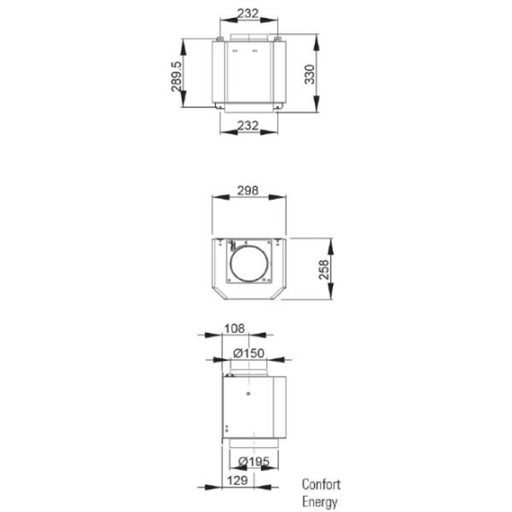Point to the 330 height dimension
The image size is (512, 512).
click(x=310, y=74)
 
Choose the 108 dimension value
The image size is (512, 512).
click(x=236, y=328)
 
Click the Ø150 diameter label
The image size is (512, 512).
click(x=248, y=354)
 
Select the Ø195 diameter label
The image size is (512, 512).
click(x=248, y=461)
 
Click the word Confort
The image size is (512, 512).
click(x=321, y=484)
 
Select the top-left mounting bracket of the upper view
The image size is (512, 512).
click(x=220, y=40)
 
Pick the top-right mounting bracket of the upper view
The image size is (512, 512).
click(x=278, y=40)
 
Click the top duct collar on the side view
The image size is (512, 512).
click(x=249, y=369)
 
